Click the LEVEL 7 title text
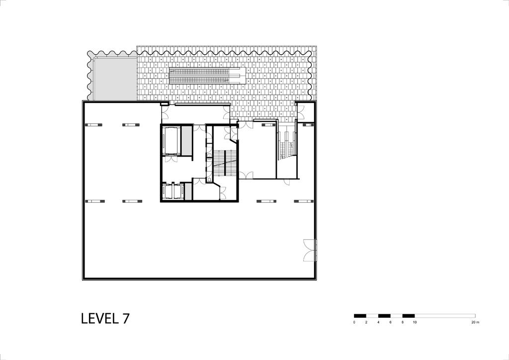(x=105, y=318)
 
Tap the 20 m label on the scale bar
(x=475, y=322)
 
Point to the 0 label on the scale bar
(x=354, y=322)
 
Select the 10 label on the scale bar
(x=415, y=322)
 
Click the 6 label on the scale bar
(x=390, y=322)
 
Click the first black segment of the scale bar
(x=360, y=316)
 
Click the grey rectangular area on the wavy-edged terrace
(x=115, y=79)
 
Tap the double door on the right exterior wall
(x=310, y=250)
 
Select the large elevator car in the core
(x=171, y=141)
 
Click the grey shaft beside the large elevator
(x=186, y=141)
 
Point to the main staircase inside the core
(x=225, y=163)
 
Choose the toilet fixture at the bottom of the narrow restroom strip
(x=209, y=178)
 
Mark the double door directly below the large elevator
(x=171, y=159)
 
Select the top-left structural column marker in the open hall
(x=93, y=125)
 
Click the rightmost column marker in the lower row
(x=304, y=201)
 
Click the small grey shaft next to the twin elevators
(x=188, y=191)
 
